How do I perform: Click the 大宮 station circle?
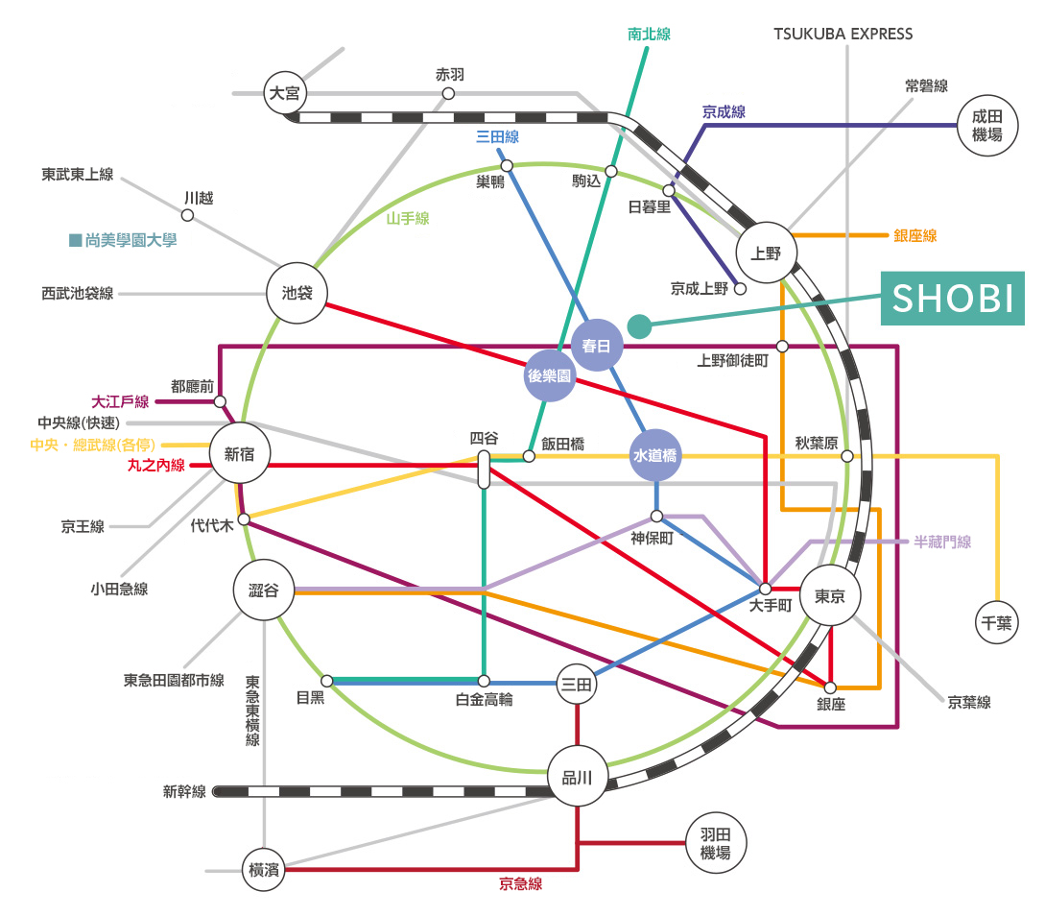click(285, 93)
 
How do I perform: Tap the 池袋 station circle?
click(297, 294)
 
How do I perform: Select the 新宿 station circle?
click(240, 453)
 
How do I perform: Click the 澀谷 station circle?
click(264, 590)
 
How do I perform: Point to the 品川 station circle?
click(577, 776)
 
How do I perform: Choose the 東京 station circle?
click(830, 595)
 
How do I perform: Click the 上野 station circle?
click(767, 253)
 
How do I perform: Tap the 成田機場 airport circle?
click(987, 126)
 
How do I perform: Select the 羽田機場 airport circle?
click(716, 843)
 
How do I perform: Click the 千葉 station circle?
click(996, 622)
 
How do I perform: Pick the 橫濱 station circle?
click(264, 869)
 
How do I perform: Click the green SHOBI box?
click(952, 298)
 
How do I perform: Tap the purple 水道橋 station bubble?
click(655, 455)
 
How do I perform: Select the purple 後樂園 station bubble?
click(550, 375)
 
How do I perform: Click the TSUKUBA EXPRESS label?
click(843, 34)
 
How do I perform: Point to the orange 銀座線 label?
click(915, 235)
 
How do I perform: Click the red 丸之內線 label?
click(156, 466)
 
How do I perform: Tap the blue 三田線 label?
click(497, 136)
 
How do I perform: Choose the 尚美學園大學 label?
click(123, 240)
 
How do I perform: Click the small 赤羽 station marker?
click(448, 94)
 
